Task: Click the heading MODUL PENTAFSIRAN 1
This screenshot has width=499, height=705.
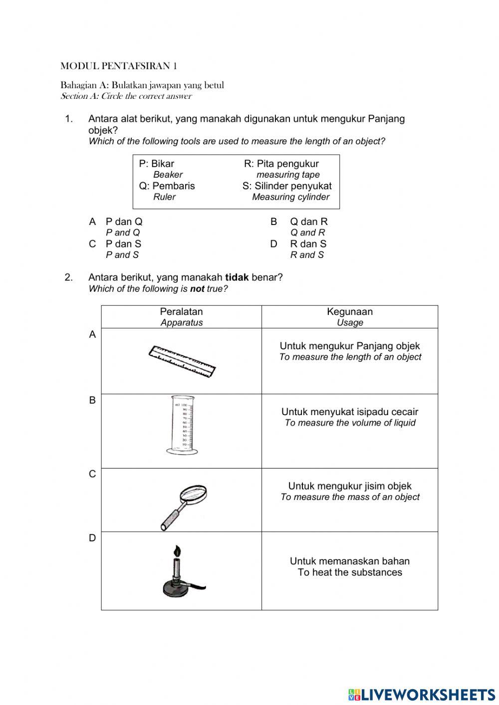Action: click(x=119, y=66)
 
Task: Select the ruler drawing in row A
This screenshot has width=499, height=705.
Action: click(x=182, y=361)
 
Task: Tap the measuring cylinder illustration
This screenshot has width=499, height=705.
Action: click(x=182, y=425)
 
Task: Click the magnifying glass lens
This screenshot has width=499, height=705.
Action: click(x=193, y=494)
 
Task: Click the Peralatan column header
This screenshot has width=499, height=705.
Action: click(x=181, y=312)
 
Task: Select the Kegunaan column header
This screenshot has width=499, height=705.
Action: click(x=350, y=312)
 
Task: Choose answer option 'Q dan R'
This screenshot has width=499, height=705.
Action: click(x=308, y=222)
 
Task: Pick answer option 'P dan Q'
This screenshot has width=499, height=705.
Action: click(x=124, y=222)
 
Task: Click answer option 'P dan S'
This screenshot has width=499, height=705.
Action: click(x=123, y=244)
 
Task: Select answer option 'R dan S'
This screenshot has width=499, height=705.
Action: click(x=308, y=244)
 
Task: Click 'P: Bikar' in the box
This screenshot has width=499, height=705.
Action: click(x=157, y=164)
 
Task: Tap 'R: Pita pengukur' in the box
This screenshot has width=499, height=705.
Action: click(x=281, y=164)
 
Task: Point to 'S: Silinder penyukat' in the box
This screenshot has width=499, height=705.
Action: click(x=287, y=186)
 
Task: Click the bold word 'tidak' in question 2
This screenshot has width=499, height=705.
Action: click(x=237, y=277)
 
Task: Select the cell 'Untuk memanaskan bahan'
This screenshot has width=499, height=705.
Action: click(x=350, y=561)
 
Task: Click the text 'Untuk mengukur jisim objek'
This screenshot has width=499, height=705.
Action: click(x=350, y=486)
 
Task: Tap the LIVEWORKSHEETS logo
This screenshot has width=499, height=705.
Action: click(x=421, y=695)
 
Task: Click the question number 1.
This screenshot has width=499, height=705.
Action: click(x=69, y=119)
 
